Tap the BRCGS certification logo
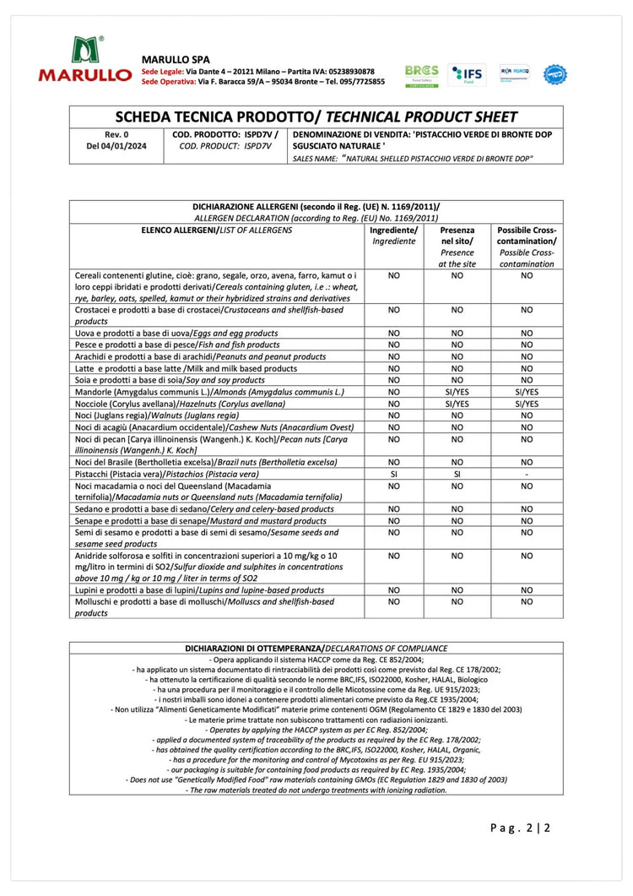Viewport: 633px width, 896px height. coord(421,75)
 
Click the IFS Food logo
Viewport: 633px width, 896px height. coord(467,75)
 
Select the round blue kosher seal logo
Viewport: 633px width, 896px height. coord(555,74)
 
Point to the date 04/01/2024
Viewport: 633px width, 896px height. coord(116,146)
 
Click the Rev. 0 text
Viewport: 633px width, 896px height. coord(116,134)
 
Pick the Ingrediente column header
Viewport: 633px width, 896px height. coord(393,236)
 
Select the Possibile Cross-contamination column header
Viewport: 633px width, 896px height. coord(527,247)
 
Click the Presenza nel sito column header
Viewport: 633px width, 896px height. coord(457,247)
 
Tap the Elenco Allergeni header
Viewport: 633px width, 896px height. coord(217,230)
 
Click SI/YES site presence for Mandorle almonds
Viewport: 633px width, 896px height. coord(457,392)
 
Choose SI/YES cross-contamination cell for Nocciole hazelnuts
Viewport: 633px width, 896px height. coord(527,404)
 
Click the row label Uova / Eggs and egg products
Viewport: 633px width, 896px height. coord(176,333)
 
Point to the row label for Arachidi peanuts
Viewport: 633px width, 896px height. coord(190,356)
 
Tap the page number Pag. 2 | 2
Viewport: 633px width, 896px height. coord(520,828)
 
